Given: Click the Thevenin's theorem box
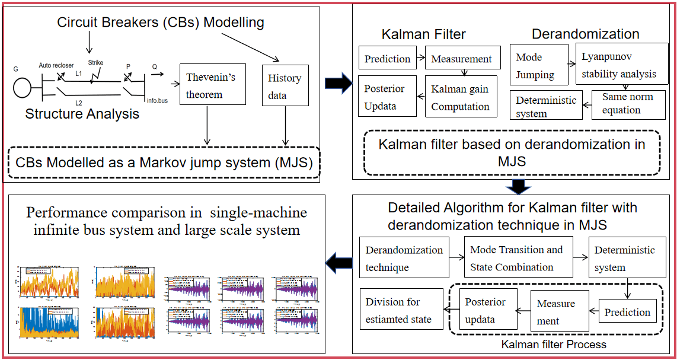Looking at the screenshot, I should tap(212, 85).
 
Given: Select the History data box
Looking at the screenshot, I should tap(285, 86).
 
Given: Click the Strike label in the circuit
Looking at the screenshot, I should tap(95, 62).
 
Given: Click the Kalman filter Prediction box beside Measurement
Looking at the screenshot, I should tap(387, 59).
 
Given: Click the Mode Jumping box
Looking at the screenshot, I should tap(535, 66).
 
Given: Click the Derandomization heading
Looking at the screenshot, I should tap(585, 34).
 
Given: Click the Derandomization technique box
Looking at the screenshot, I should tap(404, 259).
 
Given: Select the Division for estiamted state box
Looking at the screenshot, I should tap(401, 311).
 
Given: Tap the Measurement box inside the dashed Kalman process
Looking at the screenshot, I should tap(556, 312).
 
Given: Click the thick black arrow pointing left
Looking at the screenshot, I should tap(340, 262).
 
